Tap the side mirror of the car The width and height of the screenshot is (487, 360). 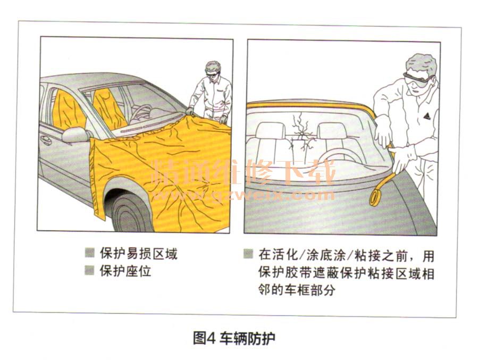75,135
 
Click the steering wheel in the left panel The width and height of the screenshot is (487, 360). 140,112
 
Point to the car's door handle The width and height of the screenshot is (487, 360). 46,140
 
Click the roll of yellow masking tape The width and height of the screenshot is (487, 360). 377,198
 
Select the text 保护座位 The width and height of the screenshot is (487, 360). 125,271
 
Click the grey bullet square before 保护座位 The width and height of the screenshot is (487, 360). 89,271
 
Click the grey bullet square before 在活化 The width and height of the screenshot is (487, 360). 248,254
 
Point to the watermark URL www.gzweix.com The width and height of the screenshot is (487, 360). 246,195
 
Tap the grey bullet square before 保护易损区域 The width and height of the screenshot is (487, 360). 89,253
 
